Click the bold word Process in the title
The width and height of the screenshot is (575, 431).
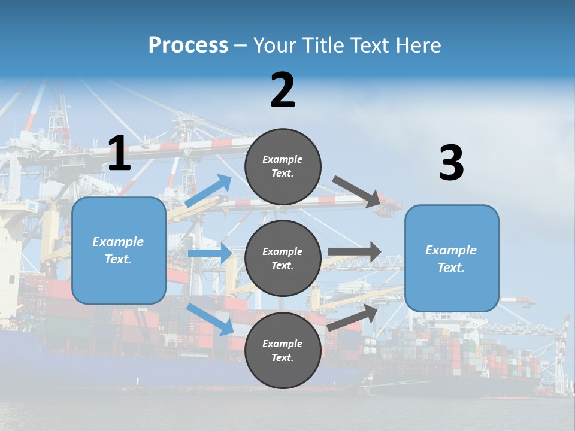click(x=188, y=45)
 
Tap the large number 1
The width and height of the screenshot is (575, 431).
click(x=119, y=154)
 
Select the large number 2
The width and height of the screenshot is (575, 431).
click(x=283, y=91)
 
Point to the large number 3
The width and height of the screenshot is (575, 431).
click(x=451, y=163)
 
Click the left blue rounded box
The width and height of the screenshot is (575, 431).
click(x=119, y=250)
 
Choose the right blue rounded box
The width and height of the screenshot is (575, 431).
click(x=452, y=259)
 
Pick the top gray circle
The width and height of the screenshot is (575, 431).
click(x=283, y=166)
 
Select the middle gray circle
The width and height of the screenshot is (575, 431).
click(x=283, y=258)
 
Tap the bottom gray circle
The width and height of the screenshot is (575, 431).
click(x=283, y=350)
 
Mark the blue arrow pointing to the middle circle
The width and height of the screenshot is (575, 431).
click(x=209, y=253)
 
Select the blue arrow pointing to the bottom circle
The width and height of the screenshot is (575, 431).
click(x=210, y=319)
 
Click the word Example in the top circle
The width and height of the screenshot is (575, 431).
click(x=283, y=159)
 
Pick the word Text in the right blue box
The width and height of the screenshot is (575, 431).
click(x=450, y=268)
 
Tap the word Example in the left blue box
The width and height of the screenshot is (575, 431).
click(x=118, y=242)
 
